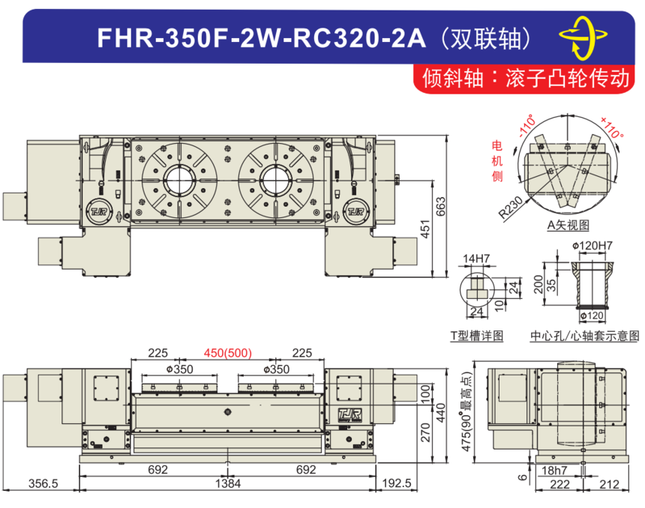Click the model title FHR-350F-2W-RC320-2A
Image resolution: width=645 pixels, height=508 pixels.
coord(261,38)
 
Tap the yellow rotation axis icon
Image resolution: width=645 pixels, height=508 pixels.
coord(583,37)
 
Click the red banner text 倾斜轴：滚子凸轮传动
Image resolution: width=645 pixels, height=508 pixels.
coord(526,78)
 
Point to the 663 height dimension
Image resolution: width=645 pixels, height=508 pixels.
coord(440,206)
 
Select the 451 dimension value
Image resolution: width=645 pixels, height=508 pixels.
coord(425,229)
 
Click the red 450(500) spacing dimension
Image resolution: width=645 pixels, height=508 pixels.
coord(228,353)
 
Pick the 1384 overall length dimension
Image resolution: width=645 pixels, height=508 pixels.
coord(228,483)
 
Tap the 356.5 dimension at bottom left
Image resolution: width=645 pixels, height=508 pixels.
coord(43,483)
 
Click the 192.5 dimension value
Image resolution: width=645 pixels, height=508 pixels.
coord(397,483)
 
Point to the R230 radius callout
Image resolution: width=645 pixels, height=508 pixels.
coord(511,208)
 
